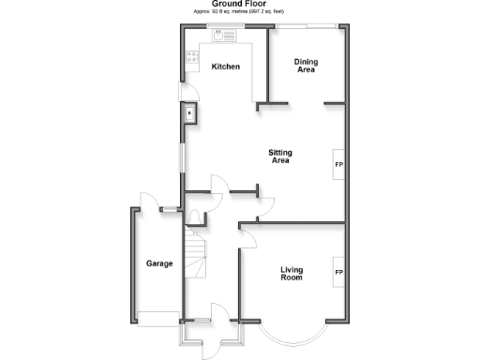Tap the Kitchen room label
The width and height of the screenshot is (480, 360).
tap(225, 67)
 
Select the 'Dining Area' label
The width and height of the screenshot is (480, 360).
tap(307, 67)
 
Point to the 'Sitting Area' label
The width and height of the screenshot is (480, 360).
tap(279, 157)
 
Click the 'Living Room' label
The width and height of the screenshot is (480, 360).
tap(292, 274)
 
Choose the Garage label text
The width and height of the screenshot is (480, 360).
tap(158, 263)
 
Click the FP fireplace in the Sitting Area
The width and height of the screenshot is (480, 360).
tap(338, 165)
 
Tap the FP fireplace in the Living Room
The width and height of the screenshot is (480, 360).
tap(338, 273)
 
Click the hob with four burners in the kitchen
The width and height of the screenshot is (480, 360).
tap(192, 58)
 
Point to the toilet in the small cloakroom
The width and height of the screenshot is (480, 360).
tap(193, 218)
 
